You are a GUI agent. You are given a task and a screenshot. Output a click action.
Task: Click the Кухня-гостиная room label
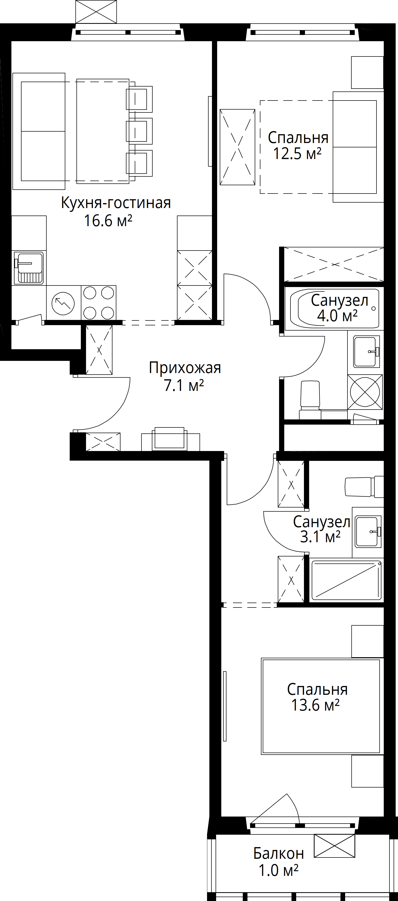[116, 203]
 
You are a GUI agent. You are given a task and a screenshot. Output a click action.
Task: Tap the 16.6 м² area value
[108, 221]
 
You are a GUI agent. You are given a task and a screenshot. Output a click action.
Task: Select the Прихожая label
[185, 368]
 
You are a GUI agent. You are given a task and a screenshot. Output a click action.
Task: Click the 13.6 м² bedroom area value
[315, 705]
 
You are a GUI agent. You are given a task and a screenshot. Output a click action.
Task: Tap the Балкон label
[279, 853]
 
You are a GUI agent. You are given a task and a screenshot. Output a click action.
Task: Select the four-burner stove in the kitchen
[99, 303]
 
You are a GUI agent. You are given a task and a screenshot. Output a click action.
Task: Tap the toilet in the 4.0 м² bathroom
[310, 400]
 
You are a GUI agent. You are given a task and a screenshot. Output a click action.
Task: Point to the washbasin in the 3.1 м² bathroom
[368, 532]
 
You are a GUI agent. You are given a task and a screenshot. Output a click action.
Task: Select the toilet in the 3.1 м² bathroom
[364, 486]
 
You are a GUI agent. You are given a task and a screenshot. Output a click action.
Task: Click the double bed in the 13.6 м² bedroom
[321, 706]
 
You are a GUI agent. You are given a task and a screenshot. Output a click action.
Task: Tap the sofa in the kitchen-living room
[39, 131]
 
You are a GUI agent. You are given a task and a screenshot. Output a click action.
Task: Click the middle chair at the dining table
[139, 131]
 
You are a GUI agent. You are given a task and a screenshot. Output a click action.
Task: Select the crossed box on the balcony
[334, 846]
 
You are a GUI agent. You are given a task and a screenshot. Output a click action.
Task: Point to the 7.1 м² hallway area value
[184, 385]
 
